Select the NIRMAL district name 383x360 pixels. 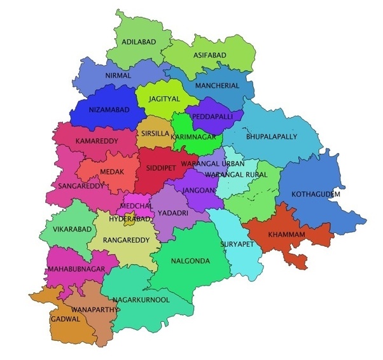(x=118, y=76)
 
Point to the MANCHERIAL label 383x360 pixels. (x=218, y=86)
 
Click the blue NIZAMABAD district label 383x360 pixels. (x=108, y=110)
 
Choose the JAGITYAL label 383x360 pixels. (x=165, y=100)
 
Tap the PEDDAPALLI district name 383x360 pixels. (x=212, y=117)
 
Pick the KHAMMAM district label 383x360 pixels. (x=288, y=235)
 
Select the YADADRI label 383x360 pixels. (x=172, y=213)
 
